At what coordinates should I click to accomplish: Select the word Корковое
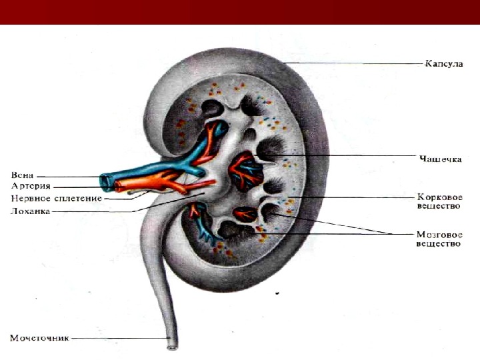click(x=439, y=197)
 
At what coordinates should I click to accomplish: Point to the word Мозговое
click(x=439, y=235)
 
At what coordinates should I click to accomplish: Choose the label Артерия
click(x=30, y=186)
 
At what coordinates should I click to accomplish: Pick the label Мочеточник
click(x=39, y=338)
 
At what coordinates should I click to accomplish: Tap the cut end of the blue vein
click(x=105, y=181)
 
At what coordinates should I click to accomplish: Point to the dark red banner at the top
click(x=240, y=12)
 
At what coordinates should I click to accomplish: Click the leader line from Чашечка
click(x=353, y=157)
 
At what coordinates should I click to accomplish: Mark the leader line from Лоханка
click(x=100, y=212)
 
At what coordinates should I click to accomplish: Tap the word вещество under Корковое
click(x=439, y=207)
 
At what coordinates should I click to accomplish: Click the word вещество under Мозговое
click(x=439, y=245)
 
